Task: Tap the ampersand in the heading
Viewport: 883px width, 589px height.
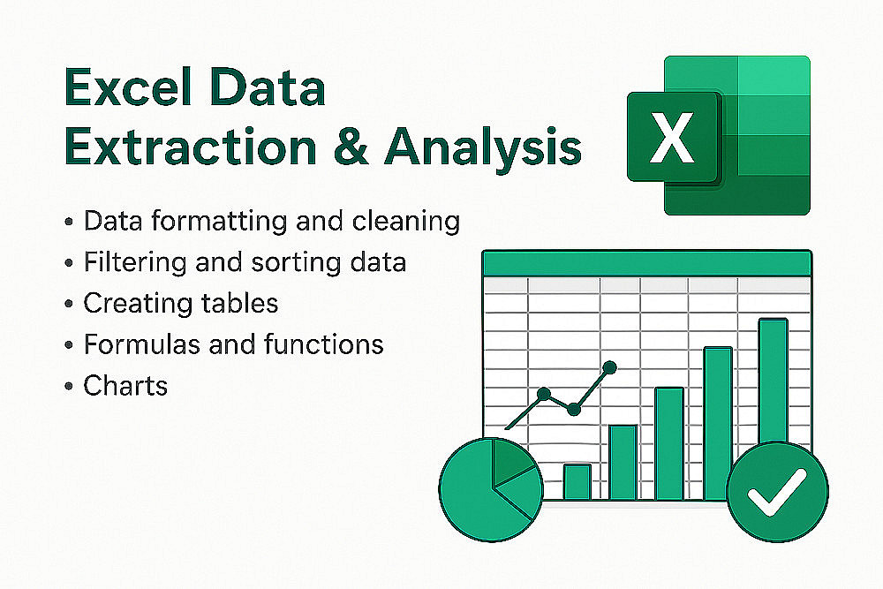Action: tap(351, 147)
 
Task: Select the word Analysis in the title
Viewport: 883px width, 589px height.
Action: tap(483, 147)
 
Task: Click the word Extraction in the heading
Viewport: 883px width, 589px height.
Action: tap(191, 147)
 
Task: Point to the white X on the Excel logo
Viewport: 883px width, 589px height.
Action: tap(671, 138)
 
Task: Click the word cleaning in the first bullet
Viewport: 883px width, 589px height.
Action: tap(406, 222)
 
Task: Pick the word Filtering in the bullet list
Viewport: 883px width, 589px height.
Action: tap(135, 262)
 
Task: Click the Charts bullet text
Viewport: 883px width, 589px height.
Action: tap(125, 386)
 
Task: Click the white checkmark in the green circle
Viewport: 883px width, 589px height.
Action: tap(776, 493)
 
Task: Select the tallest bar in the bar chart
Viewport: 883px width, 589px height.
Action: tap(774, 382)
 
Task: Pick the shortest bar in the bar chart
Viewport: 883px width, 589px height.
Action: tap(577, 482)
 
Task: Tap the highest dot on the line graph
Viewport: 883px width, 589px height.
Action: tap(609, 368)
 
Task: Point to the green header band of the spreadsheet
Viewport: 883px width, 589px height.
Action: tap(647, 263)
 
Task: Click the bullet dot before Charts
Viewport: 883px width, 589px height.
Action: tap(69, 386)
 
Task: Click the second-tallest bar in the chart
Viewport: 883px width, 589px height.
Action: tap(718, 424)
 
